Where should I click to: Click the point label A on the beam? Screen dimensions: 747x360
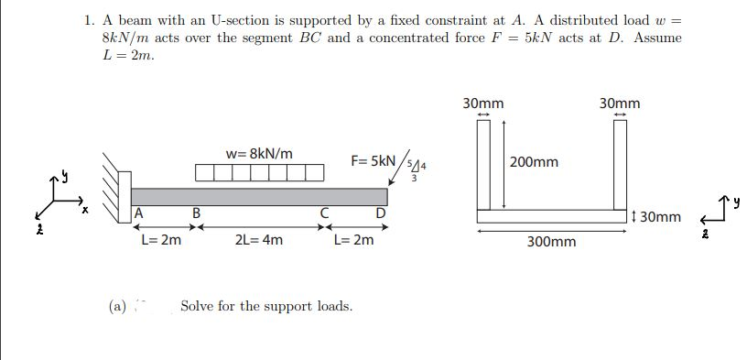tap(138, 215)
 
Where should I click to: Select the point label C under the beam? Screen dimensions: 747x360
tap(324, 215)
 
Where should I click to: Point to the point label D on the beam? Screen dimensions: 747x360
tap(379, 215)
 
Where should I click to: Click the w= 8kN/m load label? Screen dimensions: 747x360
tap(259, 153)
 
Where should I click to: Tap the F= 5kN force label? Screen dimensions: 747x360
tap(373, 159)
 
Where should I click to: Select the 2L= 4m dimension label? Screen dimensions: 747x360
tap(259, 241)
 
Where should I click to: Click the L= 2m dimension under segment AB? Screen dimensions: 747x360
tap(160, 241)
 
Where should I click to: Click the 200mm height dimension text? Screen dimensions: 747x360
tap(534, 162)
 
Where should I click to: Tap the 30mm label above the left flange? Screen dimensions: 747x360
tap(482, 104)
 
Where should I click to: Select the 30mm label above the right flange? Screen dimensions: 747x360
tap(620, 104)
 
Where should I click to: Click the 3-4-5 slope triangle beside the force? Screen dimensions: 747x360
tap(414, 169)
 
